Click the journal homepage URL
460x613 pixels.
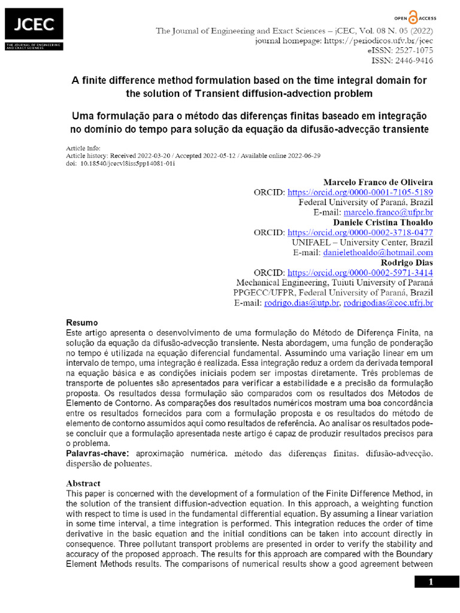379,41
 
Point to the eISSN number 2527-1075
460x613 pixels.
413,51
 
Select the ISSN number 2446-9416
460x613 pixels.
413,60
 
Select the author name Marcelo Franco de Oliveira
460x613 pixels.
378,182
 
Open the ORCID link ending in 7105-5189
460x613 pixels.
361,192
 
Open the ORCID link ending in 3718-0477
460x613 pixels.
361,232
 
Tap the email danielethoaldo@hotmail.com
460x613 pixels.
378,253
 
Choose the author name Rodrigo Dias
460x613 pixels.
407,263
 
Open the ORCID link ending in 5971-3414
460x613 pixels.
361,273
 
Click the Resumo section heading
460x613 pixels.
81,323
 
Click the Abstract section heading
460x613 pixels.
83,483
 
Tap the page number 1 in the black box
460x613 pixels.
437,582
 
